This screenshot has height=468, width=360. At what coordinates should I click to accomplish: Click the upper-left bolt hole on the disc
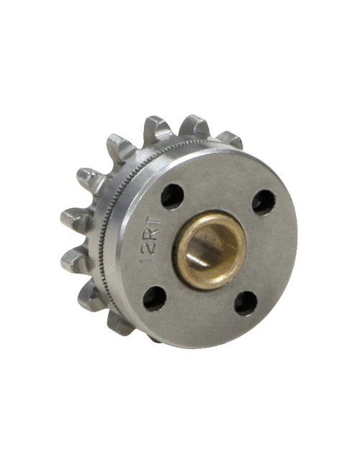click(x=171, y=196)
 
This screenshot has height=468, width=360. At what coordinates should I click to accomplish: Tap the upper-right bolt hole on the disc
click(x=264, y=202)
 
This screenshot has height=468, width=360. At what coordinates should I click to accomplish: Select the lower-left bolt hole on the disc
click(x=153, y=297)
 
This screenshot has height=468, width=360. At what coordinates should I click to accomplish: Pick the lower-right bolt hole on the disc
click(x=246, y=302)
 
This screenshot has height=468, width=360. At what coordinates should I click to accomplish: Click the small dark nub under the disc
click(x=155, y=336)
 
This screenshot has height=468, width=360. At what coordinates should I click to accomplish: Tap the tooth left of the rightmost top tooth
click(x=192, y=127)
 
